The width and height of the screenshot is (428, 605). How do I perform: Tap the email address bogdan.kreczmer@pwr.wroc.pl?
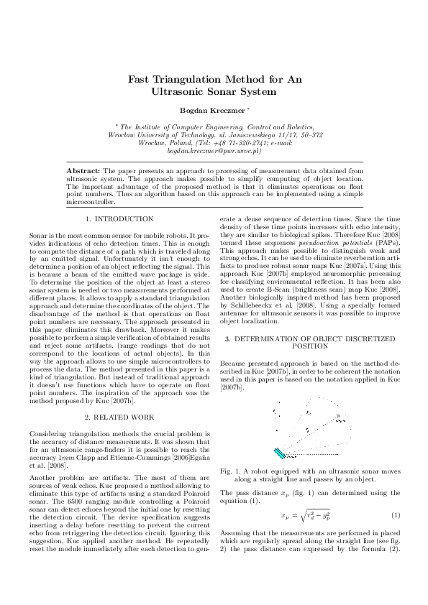coord(214,152)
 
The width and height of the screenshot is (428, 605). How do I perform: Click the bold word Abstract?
coord(83,170)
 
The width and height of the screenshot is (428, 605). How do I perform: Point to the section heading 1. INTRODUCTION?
coord(119,218)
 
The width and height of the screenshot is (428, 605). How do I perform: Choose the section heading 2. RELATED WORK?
coord(119,416)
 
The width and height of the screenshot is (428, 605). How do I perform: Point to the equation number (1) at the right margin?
coord(395,516)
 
